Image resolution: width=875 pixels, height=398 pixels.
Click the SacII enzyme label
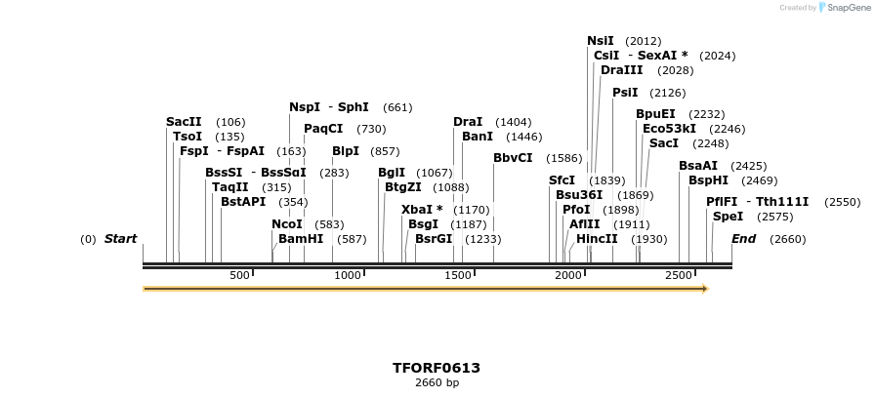pos(184,122)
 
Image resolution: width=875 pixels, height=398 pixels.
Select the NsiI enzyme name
pos(601,41)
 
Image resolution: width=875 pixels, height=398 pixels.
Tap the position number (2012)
pos(643,42)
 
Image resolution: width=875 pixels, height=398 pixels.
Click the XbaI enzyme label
pos(422,210)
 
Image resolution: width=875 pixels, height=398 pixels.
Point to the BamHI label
pos(301,238)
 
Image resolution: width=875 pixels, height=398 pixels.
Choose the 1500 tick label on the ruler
pos(458,276)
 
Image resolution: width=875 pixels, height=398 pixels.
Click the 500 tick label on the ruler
pos(240,276)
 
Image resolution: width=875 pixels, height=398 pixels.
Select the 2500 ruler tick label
pos(679,276)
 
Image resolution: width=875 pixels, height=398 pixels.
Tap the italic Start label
pos(120,239)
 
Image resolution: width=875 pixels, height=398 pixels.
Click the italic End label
pos(743,239)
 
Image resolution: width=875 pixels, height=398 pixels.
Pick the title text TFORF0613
pos(437,368)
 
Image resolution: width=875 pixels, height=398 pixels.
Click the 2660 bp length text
pos(437,382)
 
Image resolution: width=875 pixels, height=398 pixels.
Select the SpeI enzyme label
pos(728,217)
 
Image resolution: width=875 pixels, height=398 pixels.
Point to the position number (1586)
pos(563,158)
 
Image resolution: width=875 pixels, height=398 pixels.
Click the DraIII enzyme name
pos(621,70)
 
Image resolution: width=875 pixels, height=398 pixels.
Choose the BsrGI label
pos(434,238)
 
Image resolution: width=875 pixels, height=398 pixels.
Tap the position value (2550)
pos(842,202)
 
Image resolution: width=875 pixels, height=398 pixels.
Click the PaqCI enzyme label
pos(323,129)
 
